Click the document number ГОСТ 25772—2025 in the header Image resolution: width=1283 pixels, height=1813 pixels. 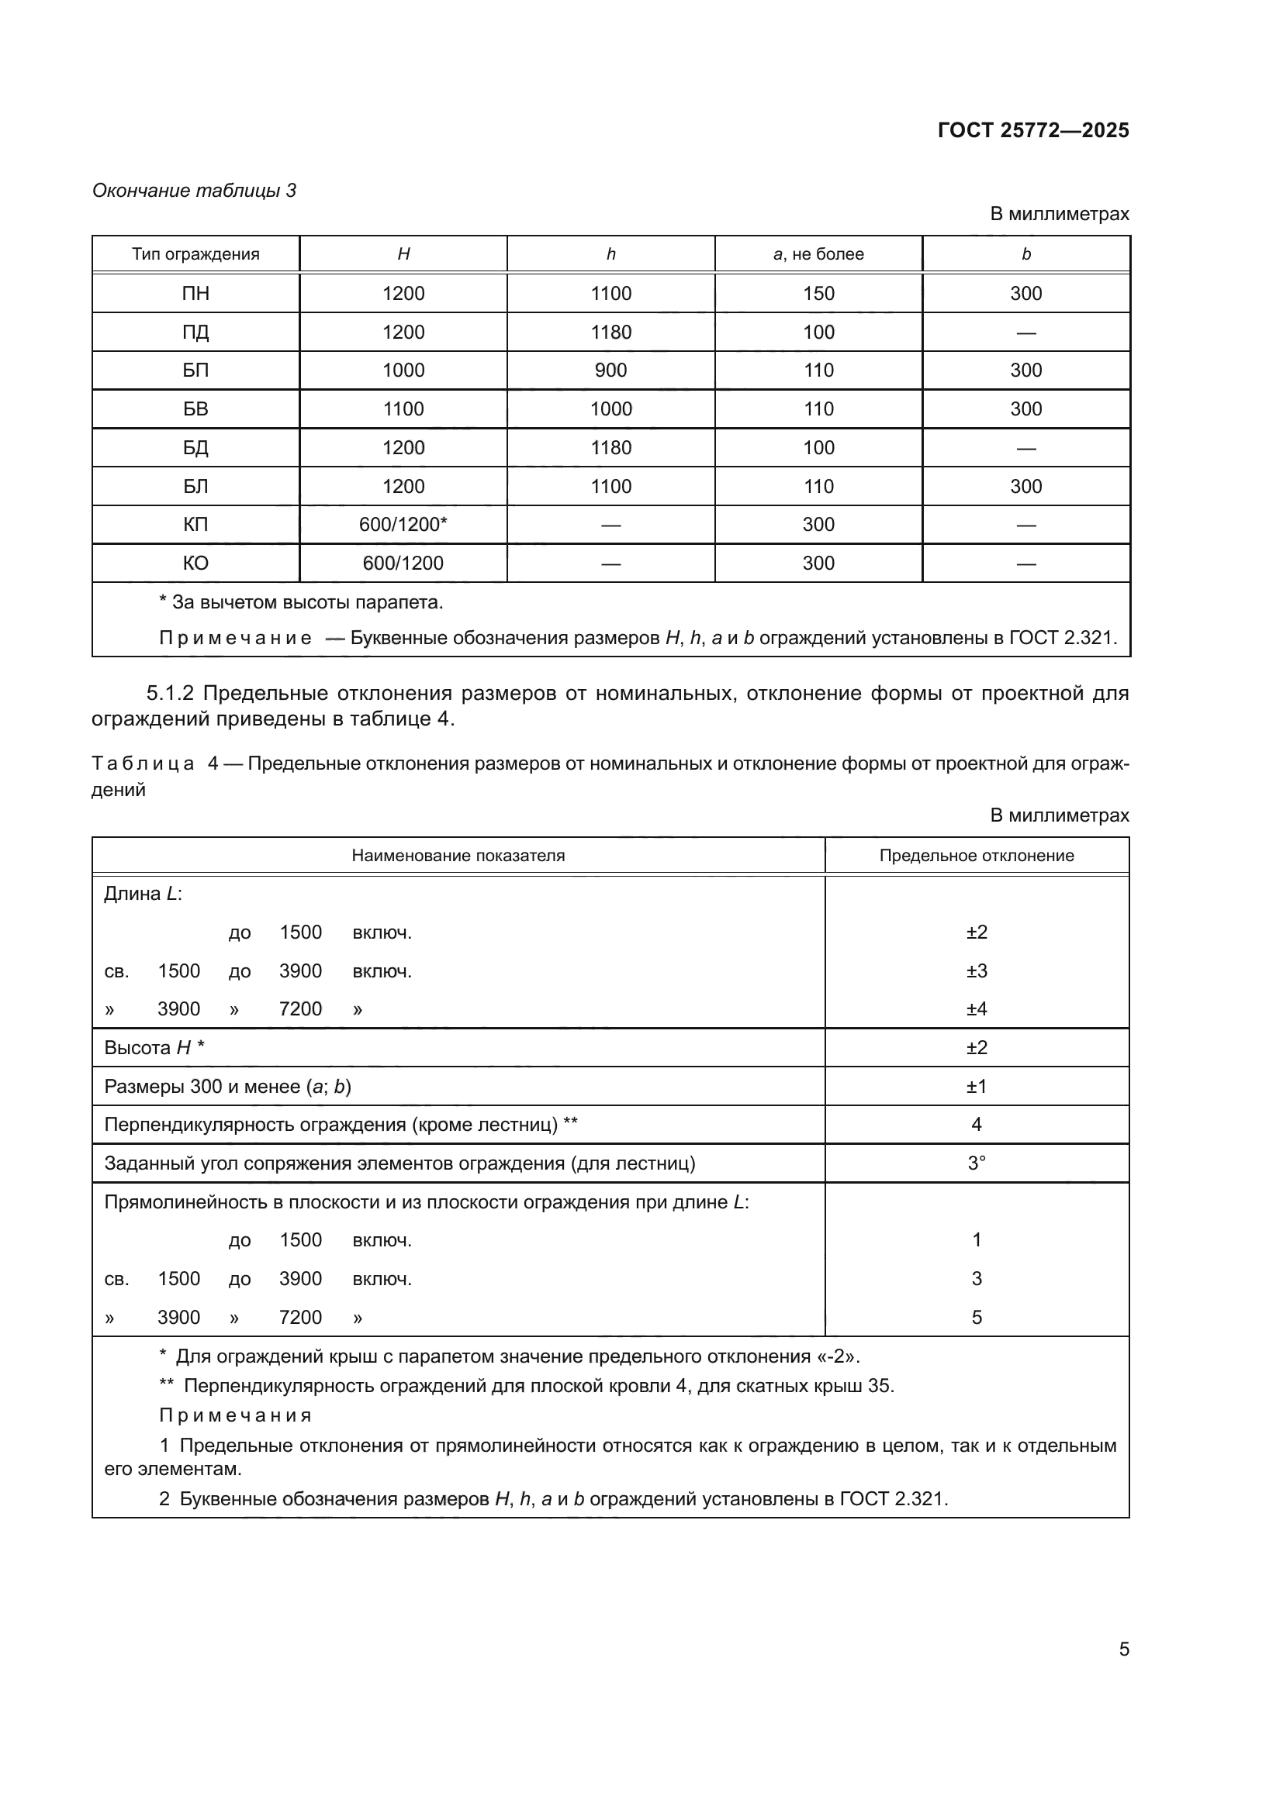1032,130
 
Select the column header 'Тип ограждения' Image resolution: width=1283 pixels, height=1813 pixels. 195,254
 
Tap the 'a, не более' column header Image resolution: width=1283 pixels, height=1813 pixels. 818,254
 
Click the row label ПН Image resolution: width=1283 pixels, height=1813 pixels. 195,294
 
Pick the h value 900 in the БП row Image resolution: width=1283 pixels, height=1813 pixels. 610,371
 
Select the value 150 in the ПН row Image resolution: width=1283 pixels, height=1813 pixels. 818,294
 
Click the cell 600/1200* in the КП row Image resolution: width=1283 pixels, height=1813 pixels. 403,524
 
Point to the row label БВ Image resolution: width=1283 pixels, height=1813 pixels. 195,409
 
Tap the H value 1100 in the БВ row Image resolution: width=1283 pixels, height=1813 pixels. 403,409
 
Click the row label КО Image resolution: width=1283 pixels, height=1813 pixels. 195,563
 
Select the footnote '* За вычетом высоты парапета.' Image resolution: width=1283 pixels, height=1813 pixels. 301,602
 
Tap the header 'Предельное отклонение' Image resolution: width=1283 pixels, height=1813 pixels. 977,855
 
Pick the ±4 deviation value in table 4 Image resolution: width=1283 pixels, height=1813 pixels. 977,1009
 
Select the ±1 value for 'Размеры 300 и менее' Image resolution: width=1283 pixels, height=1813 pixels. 977,1087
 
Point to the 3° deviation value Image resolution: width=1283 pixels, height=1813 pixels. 977,1163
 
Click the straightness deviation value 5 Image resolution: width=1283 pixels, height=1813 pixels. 977,1317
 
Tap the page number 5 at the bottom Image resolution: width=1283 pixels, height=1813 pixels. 1123,1649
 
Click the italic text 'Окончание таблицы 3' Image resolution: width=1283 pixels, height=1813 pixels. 195,191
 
